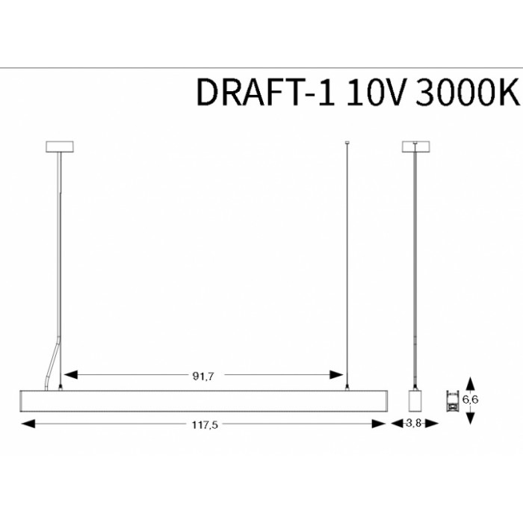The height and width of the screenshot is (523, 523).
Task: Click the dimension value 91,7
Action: [203, 377]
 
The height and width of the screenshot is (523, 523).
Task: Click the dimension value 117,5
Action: [205, 425]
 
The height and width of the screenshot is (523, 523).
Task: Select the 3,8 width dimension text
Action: [414, 424]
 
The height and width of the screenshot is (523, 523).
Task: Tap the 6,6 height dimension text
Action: [470, 399]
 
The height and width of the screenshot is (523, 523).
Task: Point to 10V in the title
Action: [377, 92]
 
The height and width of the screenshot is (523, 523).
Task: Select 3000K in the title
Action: [468, 92]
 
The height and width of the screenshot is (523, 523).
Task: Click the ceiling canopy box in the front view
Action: [60, 146]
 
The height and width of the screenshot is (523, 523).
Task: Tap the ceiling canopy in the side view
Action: [416, 146]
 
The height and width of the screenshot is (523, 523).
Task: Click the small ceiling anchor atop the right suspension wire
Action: [347, 143]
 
